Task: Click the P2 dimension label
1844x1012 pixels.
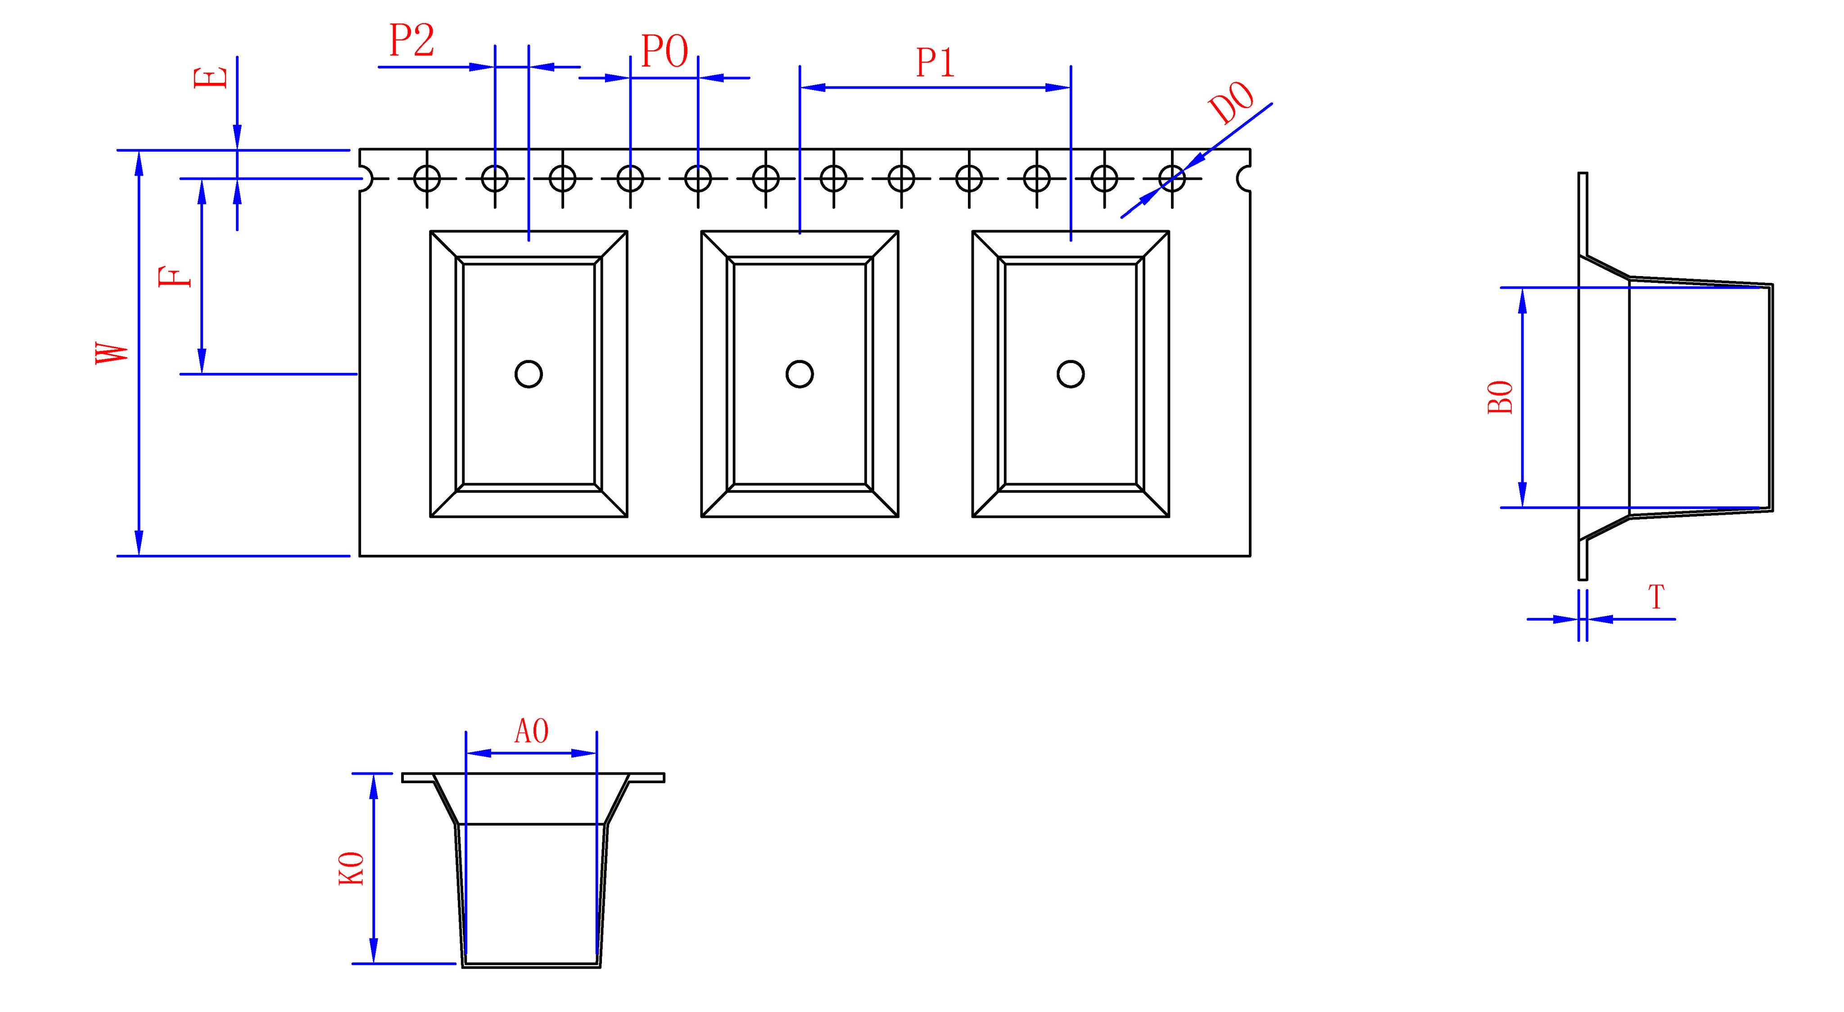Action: click(411, 41)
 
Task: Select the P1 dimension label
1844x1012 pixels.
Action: click(936, 63)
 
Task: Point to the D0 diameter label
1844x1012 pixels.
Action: click(1231, 104)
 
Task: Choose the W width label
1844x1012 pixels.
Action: click(113, 353)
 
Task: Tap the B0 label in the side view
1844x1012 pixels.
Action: click(1501, 398)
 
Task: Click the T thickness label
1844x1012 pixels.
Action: click(1656, 597)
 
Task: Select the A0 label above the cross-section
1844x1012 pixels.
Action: click(532, 731)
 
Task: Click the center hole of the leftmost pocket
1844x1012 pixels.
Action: click(528, 374)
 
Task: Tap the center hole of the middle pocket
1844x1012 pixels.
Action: click(800, 374)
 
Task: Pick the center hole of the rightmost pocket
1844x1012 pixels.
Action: click(1071, 374)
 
